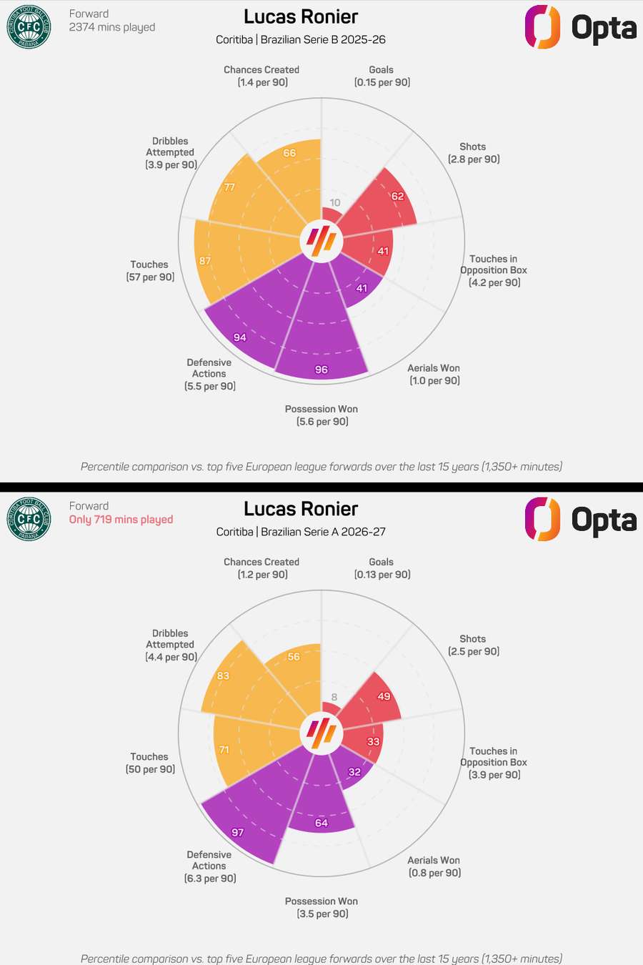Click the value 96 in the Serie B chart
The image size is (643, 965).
point(321,370)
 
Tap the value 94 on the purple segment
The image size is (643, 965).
point(240,337)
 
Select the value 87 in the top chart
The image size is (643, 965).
point(205,261)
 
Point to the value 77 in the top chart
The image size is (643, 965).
point(229,187)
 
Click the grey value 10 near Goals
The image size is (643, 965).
point(334,202)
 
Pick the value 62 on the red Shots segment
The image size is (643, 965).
point(397,197)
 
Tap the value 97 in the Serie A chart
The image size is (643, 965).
point(238,833)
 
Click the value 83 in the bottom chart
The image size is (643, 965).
point(224,675)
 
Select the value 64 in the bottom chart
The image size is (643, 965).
point(321,823)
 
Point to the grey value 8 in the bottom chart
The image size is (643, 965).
point(334,697)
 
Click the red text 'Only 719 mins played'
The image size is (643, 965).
point(121,520)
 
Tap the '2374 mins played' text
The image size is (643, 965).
point(112,27)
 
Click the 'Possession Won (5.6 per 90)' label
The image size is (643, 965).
point(321,415)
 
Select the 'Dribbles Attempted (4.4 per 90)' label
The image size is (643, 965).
point(171,645)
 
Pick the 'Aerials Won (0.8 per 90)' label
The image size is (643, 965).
point(434,866)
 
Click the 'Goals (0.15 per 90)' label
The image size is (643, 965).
point(382,76)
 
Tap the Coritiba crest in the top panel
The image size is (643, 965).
point(29,27)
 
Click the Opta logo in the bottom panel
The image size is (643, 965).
point(580,519)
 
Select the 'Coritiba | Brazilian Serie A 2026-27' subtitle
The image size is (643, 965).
point(301,532)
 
